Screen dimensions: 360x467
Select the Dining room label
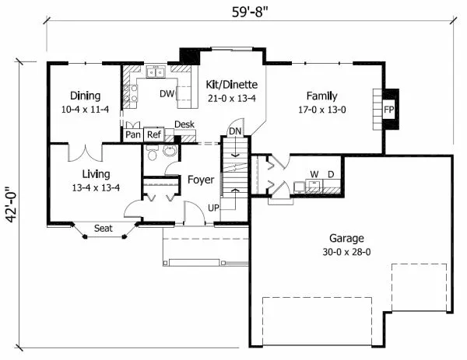(86, 96)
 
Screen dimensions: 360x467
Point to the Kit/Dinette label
(233, 84)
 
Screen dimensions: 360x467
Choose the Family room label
(321, 96)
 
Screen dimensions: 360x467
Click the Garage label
(346, 239)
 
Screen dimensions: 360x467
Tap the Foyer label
(201, 180)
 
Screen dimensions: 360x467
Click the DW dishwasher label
(166, 94)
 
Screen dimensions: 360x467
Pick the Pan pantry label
(134, 134)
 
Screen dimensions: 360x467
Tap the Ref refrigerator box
(153, 134)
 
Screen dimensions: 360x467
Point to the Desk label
(184, 124)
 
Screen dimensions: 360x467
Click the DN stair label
(235, 131)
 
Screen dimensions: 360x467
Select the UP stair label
(213, 208)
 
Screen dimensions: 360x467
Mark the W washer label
(314, 174)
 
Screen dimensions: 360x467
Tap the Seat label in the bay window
(104, 228)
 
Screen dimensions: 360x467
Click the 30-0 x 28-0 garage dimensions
(346, 253)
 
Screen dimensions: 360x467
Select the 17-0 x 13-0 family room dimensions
(321, 110)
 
